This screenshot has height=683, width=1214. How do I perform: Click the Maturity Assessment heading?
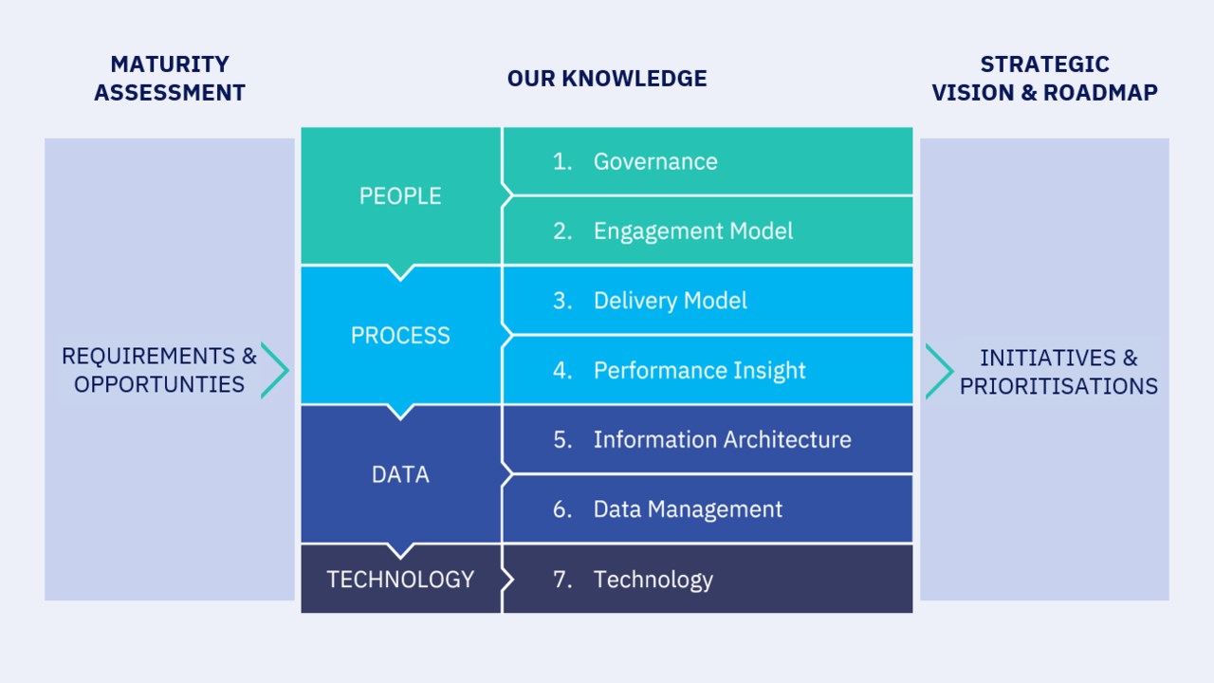point(170,79)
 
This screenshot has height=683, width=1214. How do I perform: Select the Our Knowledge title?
point(607,79)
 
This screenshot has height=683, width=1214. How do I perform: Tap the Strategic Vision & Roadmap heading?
point(1045,79)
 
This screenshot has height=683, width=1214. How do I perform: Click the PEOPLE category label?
point(400,196)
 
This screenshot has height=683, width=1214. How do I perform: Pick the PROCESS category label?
point(400,336)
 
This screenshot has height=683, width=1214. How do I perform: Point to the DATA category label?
point(400,475)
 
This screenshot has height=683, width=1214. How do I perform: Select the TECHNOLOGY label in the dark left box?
point(400,580)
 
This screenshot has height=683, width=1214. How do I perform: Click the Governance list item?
point(655,161)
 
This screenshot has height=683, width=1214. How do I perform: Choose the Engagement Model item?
point(693,231)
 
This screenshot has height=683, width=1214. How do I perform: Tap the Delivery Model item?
point(671,301)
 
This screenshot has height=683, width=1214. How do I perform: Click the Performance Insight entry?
point(700,371)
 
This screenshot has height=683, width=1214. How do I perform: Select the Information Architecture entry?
point(723,439)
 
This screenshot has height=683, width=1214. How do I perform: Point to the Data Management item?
point(688,509)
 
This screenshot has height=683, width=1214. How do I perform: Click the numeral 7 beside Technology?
point(562,580)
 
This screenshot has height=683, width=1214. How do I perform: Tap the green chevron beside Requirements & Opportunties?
point(275,371)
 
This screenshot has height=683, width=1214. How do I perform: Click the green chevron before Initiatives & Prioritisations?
point(939,371)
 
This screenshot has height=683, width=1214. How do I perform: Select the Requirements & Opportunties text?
point(158,370)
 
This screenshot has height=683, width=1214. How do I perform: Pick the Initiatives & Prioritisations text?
point(1058,372)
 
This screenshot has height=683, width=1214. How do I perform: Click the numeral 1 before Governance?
point(562,161)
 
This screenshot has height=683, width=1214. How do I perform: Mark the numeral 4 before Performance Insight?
point(562,371)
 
